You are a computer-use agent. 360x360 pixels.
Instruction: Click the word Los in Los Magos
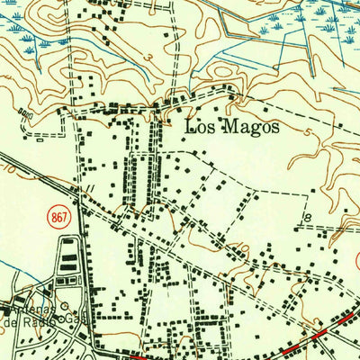[198, 127]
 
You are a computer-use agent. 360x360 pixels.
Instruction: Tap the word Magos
[247, 127]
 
